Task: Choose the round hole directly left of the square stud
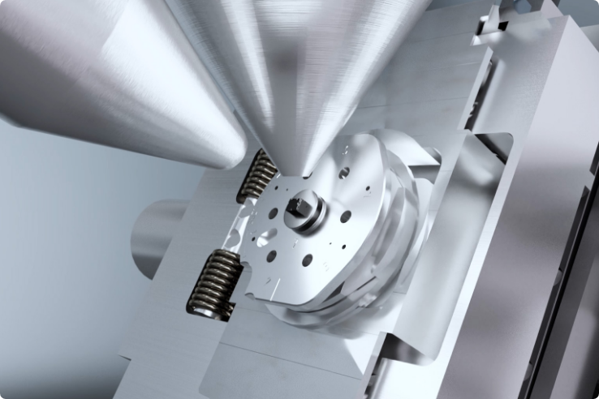(x=273, y=212)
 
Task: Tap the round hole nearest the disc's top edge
(x=345, y=172)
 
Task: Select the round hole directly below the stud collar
(x=307, y=260)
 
